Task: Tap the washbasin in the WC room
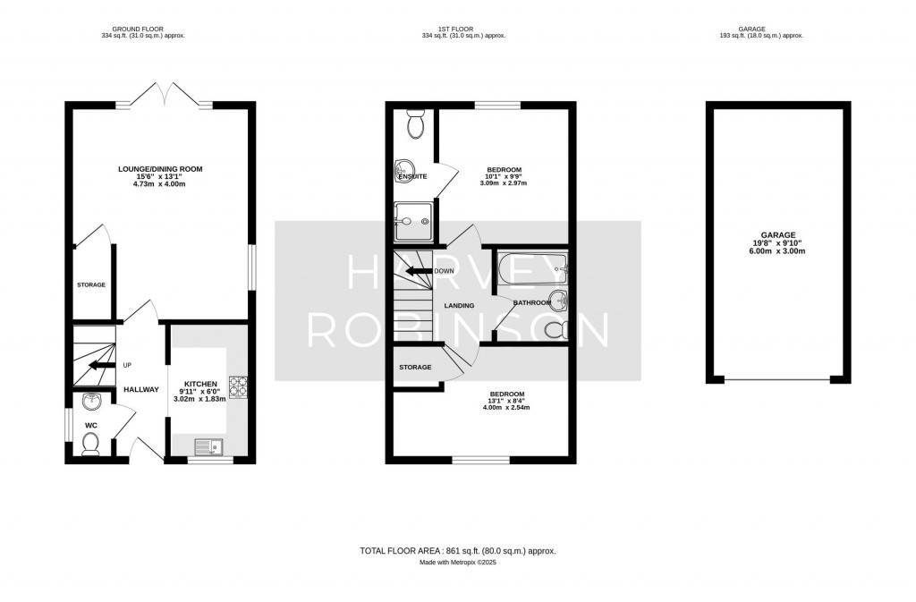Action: coord(90,401)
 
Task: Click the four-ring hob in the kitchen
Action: coord(238,386)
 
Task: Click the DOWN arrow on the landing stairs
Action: coord(418,271)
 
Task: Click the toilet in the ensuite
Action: coord(415,126)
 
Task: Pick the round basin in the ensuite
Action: coord(403,166)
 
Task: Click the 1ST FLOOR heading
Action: coord(463,28)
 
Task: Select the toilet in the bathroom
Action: coord(556,330)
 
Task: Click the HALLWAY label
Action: coord(141,390)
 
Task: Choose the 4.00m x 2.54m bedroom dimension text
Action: coord(506,408)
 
